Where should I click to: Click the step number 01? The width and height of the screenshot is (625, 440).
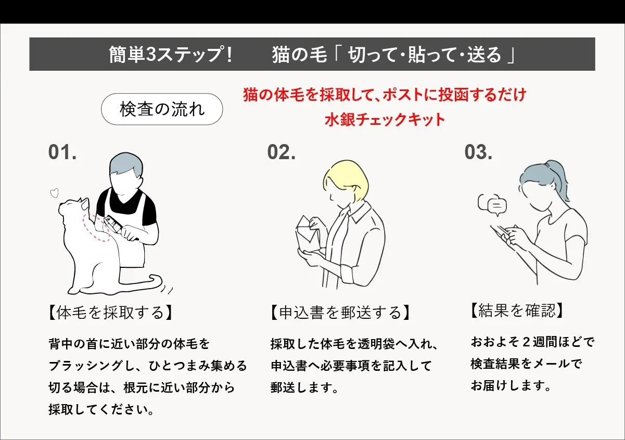pos(62,152)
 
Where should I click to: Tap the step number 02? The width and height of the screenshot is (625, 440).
pos(282,152)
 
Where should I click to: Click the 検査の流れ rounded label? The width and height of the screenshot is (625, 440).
pos(162,109)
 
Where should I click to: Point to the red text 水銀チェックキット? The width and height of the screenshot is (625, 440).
pos(385,120)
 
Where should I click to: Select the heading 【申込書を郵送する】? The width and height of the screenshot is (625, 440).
pos(340,312)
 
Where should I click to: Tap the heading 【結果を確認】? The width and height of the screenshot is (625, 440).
pos(516,310)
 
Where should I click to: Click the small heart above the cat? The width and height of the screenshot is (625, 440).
pos(53,193)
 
